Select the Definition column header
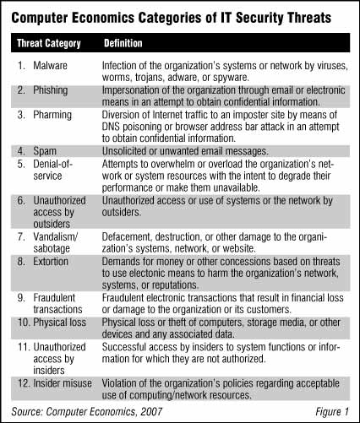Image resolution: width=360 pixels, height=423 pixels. (x=123, y=41)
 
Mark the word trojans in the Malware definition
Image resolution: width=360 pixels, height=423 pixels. (x=157, y=75)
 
